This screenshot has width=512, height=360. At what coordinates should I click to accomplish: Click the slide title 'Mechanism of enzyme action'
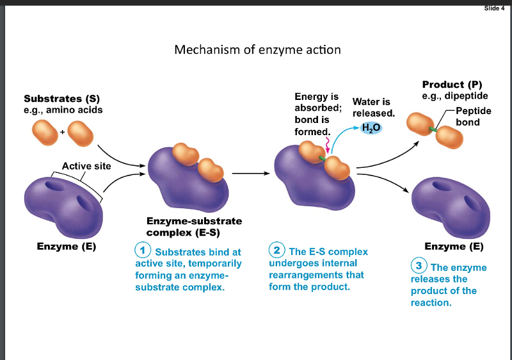point(257,49)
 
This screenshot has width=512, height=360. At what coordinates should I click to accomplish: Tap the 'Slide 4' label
point(495,8)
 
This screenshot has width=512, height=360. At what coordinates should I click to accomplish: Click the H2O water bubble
point(371,127)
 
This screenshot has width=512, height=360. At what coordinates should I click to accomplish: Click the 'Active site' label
point(86,166)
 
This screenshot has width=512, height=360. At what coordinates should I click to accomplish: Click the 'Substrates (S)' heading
point(61,99)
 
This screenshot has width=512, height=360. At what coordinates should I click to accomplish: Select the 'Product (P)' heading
point(452,85)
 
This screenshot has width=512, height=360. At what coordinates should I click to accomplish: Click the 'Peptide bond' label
point(473,117)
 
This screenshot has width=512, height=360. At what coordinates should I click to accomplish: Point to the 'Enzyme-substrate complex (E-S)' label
point(190,226)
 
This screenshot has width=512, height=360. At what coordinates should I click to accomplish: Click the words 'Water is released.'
point(374,107)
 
